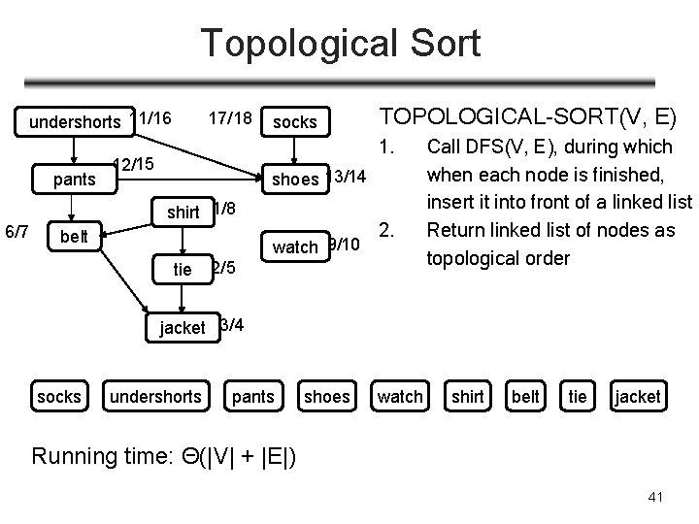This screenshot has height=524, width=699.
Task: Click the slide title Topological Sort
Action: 340,44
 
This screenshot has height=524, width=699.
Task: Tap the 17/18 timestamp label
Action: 230,118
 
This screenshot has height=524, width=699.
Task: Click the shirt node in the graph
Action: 183,212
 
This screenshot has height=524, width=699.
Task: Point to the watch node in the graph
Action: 295,246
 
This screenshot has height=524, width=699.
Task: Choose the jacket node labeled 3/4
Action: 183,327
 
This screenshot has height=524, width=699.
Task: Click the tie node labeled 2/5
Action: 183,269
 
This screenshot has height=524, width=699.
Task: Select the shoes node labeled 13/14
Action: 295,179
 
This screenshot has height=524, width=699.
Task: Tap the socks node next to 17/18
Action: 294,121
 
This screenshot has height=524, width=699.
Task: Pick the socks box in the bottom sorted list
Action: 58,396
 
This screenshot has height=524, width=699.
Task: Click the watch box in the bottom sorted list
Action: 400,396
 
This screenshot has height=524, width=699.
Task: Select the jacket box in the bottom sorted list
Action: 638,396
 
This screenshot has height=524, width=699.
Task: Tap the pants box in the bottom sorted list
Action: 253,396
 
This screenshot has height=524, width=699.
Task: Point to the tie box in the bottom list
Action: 578,396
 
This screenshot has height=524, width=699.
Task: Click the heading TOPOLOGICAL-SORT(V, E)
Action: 527,117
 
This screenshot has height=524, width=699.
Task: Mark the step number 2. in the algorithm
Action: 385,231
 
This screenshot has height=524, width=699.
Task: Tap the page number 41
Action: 655,497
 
